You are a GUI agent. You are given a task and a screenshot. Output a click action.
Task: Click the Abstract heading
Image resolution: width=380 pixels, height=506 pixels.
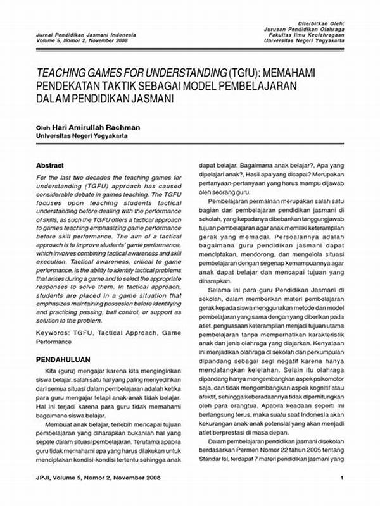tap(50, 165)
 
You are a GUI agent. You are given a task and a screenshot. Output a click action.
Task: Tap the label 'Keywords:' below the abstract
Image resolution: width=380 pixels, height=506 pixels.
tap(53, 331)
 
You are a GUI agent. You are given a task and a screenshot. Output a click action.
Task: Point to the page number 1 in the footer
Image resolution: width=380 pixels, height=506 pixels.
tap(342, 495)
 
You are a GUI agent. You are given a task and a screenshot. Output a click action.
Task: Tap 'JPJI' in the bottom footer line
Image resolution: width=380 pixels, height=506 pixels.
tap(45, 495)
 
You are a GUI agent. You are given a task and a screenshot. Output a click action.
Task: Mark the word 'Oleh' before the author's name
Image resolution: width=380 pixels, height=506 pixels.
tap(42, 127)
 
